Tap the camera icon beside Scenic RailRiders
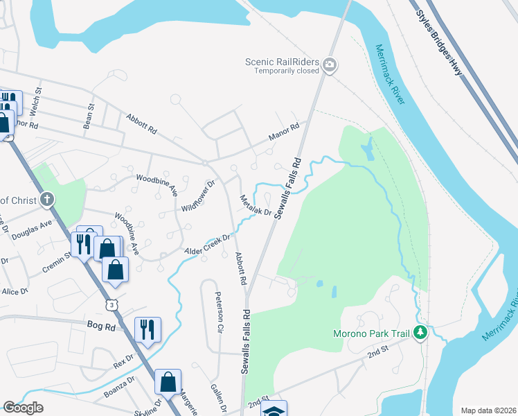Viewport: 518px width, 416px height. [330, 66]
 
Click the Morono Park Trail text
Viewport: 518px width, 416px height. [368, 334]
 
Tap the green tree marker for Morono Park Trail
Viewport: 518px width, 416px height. [420, 334]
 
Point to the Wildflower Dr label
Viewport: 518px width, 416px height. [199, 197]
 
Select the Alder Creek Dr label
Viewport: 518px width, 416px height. [206, 244]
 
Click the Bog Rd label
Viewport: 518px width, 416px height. [99, 324]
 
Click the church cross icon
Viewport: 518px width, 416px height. [47, 200]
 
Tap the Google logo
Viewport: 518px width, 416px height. [23, 408]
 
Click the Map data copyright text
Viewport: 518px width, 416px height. [488, 410]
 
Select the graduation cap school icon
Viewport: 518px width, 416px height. [274, 410]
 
